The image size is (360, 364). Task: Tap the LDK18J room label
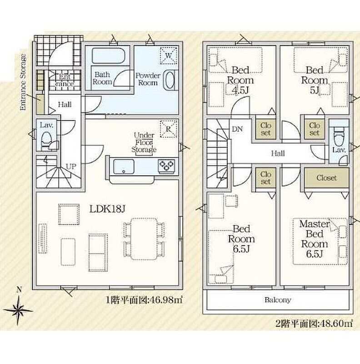coord(107,209)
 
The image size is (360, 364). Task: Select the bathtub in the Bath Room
coord(109,56)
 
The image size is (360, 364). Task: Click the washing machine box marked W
coord(169,55)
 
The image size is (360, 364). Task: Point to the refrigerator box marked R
coord(169,129)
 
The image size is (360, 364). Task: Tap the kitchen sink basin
coord(124,166)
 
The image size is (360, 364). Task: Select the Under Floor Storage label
coord(144,142)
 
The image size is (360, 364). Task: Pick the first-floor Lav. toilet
coord(47,139)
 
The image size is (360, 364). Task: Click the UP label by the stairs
coord(71,167)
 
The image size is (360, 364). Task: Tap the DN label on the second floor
coord(237,129)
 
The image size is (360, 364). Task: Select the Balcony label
coord(278,300)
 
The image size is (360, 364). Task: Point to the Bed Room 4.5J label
coord(240,80)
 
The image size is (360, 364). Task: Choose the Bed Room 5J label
coord(314,80)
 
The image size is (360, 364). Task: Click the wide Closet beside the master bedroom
coord(327,178)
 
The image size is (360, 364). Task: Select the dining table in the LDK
coord(144,239)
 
